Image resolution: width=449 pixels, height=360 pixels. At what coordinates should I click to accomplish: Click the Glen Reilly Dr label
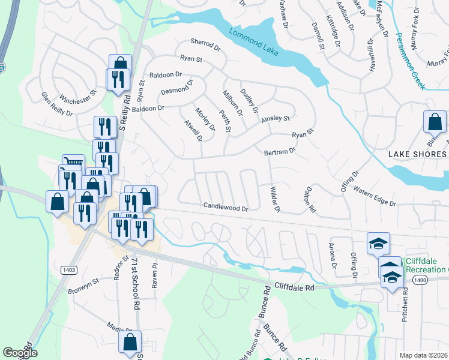click(x=56, y=104)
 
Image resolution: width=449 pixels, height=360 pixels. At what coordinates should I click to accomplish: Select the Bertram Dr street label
click(x=280, y=152)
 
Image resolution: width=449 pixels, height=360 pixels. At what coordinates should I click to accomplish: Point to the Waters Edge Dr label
click(x=375, y=196)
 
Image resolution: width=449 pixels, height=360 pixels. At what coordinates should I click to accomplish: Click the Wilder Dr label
click(x=275, y=199)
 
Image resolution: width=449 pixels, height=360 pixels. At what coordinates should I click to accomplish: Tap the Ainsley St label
click(x=275, y=119)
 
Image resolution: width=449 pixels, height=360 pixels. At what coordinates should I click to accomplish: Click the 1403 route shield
click(x=68, y=270)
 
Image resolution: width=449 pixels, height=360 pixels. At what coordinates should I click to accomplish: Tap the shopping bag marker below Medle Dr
click(x=130, y=342)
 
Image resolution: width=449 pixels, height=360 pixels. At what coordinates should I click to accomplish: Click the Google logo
click(x=20, y=353)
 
